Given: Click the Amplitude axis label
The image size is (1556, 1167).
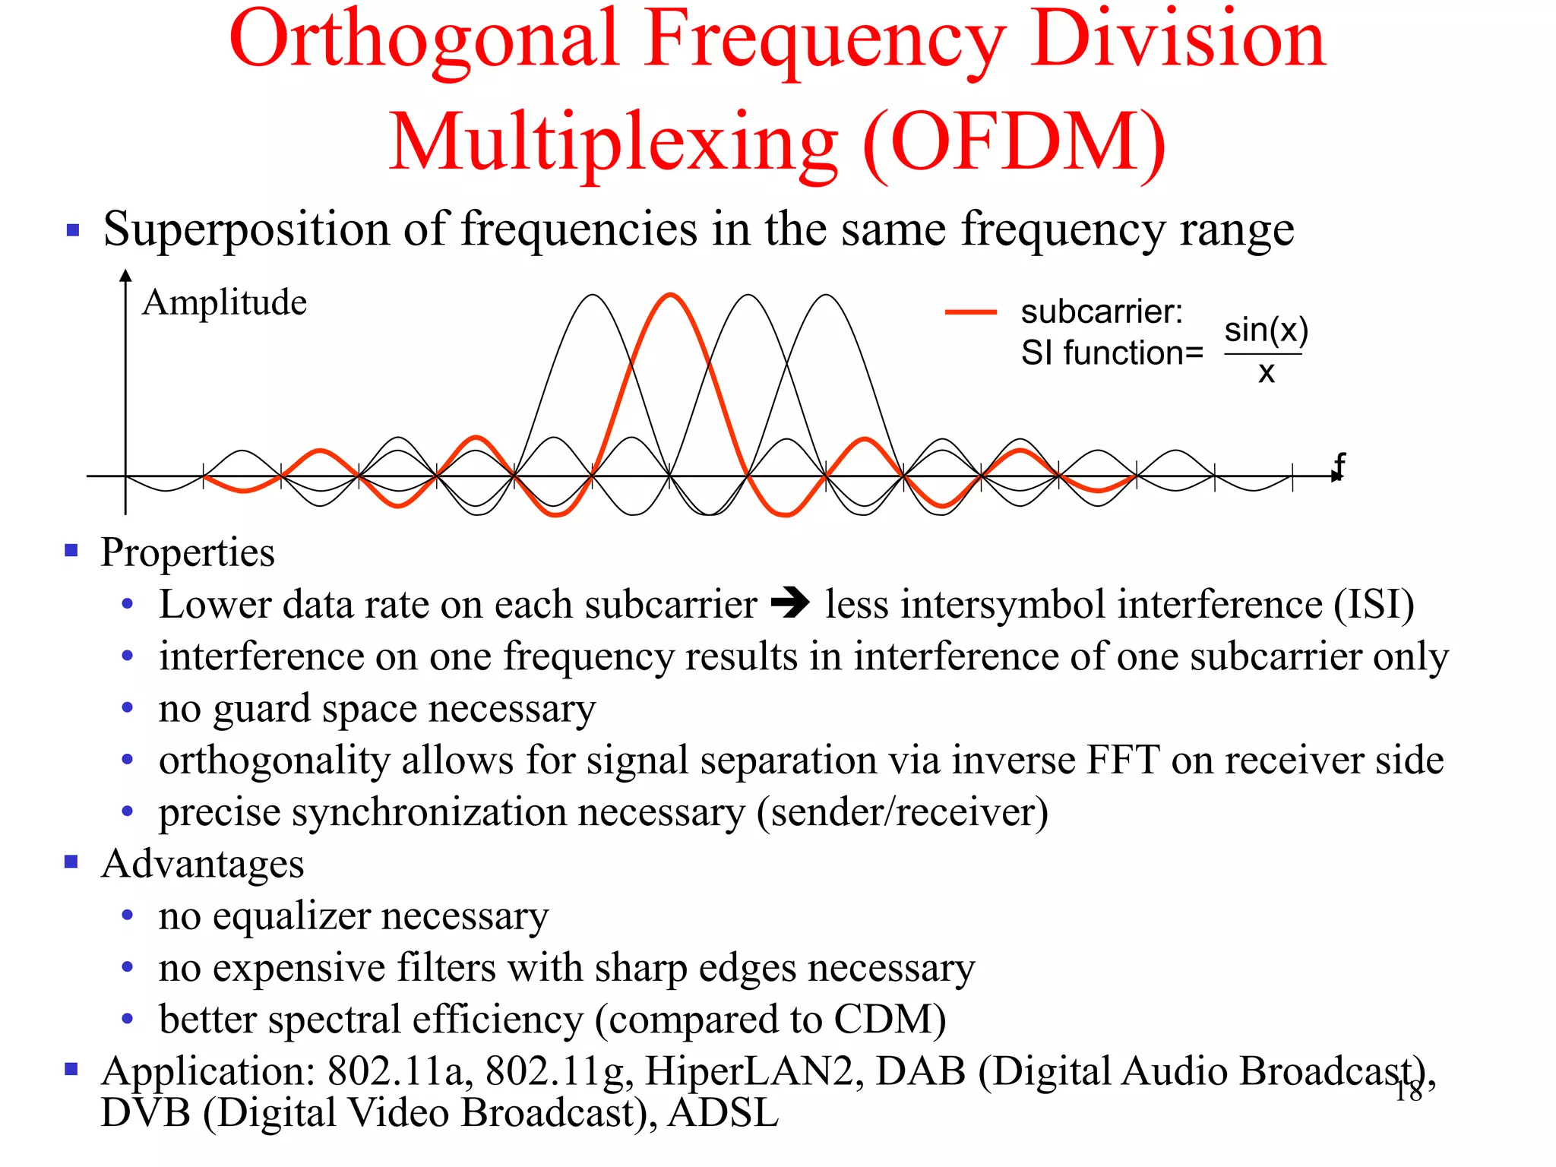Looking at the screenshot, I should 224,302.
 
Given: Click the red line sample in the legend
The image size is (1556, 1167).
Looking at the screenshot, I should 970,312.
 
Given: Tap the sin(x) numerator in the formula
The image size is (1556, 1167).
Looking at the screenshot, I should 1266,330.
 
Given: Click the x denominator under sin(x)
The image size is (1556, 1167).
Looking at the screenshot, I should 1266,373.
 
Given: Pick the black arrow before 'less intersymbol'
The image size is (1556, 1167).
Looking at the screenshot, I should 790,604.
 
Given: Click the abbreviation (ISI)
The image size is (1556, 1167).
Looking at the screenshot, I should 1374,605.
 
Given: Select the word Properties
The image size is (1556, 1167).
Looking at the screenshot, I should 188,552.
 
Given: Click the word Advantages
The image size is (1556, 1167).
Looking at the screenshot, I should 202,864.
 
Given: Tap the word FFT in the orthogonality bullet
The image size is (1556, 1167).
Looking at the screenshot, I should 1122,760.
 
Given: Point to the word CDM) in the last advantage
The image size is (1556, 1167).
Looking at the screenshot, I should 890,1020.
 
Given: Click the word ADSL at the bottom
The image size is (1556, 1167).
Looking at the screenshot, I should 723,1113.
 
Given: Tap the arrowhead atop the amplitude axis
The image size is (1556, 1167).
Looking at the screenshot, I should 126,275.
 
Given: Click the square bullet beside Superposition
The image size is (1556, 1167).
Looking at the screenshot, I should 73,229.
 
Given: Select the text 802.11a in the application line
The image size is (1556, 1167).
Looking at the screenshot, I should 395,1071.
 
